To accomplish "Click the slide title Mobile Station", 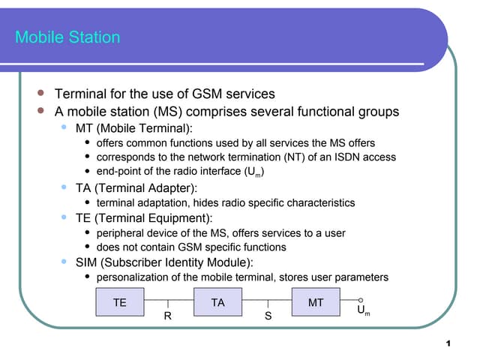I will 67,37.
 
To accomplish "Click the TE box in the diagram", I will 119,302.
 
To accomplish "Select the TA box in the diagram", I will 218,302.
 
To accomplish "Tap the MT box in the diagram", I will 316,302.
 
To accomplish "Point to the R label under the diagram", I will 168,316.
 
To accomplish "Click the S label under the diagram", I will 268,316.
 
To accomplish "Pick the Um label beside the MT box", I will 362,310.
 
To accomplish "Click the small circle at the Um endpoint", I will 361,300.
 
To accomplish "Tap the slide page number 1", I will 448,343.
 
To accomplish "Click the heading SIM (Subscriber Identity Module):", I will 164,262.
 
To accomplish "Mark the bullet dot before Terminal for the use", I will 42,94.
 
